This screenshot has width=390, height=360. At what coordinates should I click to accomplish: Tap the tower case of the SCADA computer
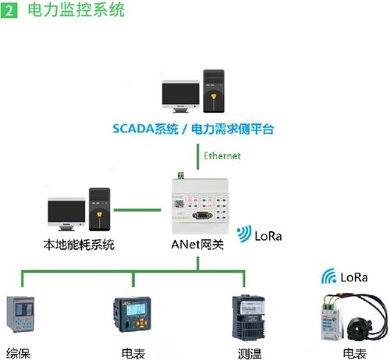pos(214,89)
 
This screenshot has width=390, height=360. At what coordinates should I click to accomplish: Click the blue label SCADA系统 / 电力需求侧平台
pos(195,127)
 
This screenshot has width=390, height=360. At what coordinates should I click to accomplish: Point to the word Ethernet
pos(222,155)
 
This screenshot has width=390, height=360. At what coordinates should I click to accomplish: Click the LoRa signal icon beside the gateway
pos(244,233)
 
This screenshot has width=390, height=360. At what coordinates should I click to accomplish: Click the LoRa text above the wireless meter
pos(347,276)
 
